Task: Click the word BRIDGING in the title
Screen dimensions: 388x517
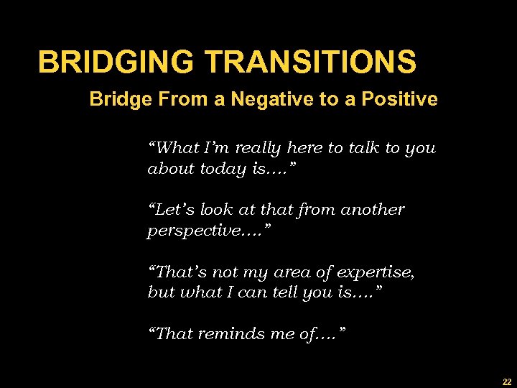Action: (x=116, y=62)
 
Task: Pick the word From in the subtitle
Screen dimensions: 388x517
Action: (x=172, y=99)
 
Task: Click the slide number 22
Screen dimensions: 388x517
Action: (x=506, y=382)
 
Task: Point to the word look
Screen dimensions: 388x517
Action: (x=219, y=211)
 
